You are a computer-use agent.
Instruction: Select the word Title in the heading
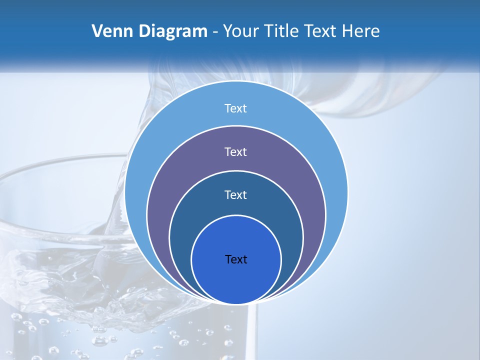coord(284,31)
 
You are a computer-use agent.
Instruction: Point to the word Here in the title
coord(360,31)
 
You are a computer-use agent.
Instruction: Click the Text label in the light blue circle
coord(236,108)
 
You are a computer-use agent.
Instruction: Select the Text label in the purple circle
coord(236,152)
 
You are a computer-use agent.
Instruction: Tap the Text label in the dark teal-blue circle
coord(236,195)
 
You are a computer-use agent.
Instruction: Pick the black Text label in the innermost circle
coord(236,259)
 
